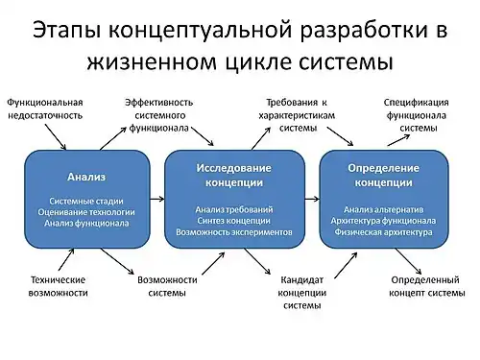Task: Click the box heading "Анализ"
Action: (85, 177)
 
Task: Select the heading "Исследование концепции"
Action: (233, 173)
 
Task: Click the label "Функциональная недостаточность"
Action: (45, 108)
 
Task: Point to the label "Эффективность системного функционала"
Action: (163, 114)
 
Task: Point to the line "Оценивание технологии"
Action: (85, 211)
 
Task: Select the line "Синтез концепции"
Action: (233, 221)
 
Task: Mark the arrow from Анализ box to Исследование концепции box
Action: (158, 198)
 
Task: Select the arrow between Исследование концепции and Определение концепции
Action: (309, 198)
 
